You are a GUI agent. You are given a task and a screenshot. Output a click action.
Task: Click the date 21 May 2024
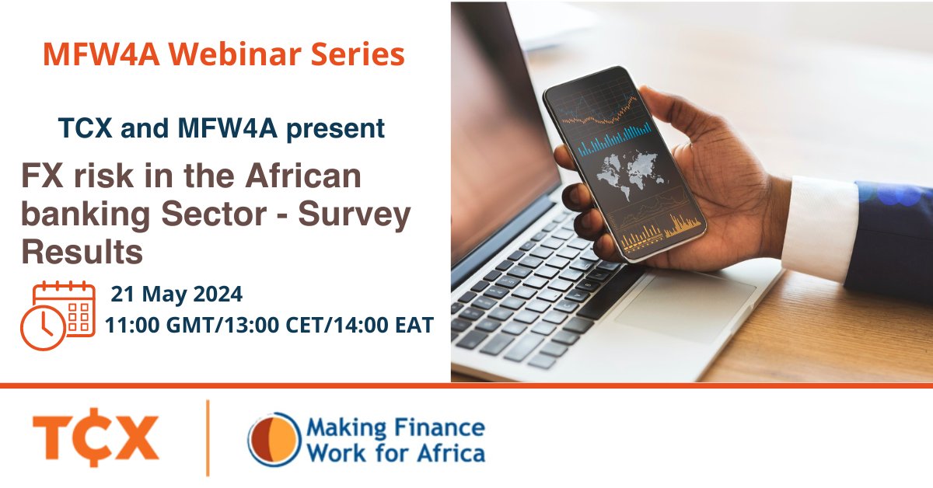(176, 295)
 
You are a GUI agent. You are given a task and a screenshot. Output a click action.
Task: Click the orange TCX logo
(96, 437)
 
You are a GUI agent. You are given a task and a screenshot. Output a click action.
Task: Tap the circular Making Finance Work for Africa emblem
(274, 439)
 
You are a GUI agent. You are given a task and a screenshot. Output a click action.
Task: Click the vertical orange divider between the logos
(208, 437)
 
